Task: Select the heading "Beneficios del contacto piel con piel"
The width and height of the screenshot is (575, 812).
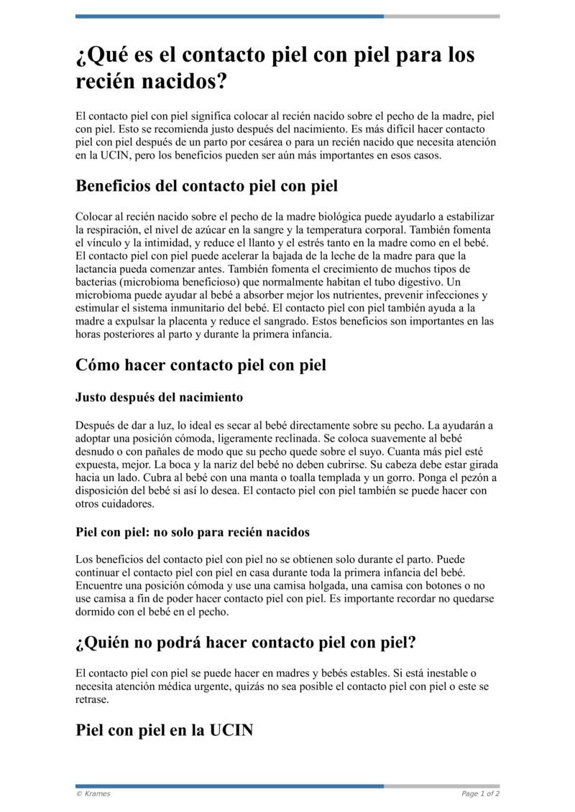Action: [x=206, y=187]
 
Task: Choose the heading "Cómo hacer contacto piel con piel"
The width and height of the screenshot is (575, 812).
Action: [x=201, y=365]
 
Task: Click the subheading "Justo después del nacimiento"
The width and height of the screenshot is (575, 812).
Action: [x=159, y=397]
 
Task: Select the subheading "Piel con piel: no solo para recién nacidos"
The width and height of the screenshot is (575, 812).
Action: [x=193, y=532]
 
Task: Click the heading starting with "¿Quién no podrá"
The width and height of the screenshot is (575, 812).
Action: [x=246, y=643]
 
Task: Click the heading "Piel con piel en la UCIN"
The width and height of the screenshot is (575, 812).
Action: [x=165, y=731]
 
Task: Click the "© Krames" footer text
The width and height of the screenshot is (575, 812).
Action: [x=93, y=793]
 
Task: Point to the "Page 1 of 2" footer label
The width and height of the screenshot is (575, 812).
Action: [x=480, y=793]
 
